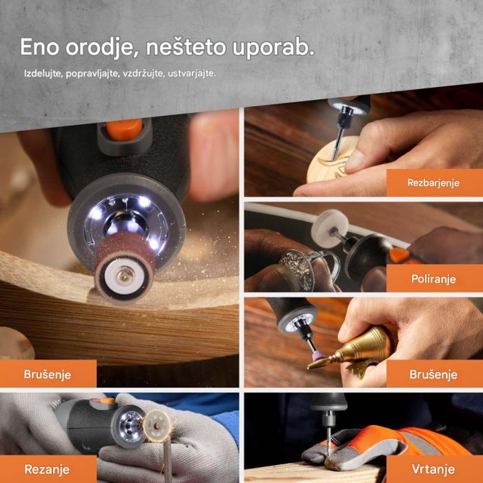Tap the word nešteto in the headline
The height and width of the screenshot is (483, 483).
pos(181,47)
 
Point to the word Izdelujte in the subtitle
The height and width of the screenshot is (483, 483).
pos(43,73)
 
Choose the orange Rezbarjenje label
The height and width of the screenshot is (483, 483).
pos(433,184)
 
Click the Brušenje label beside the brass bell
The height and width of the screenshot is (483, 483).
pos(433,374)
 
